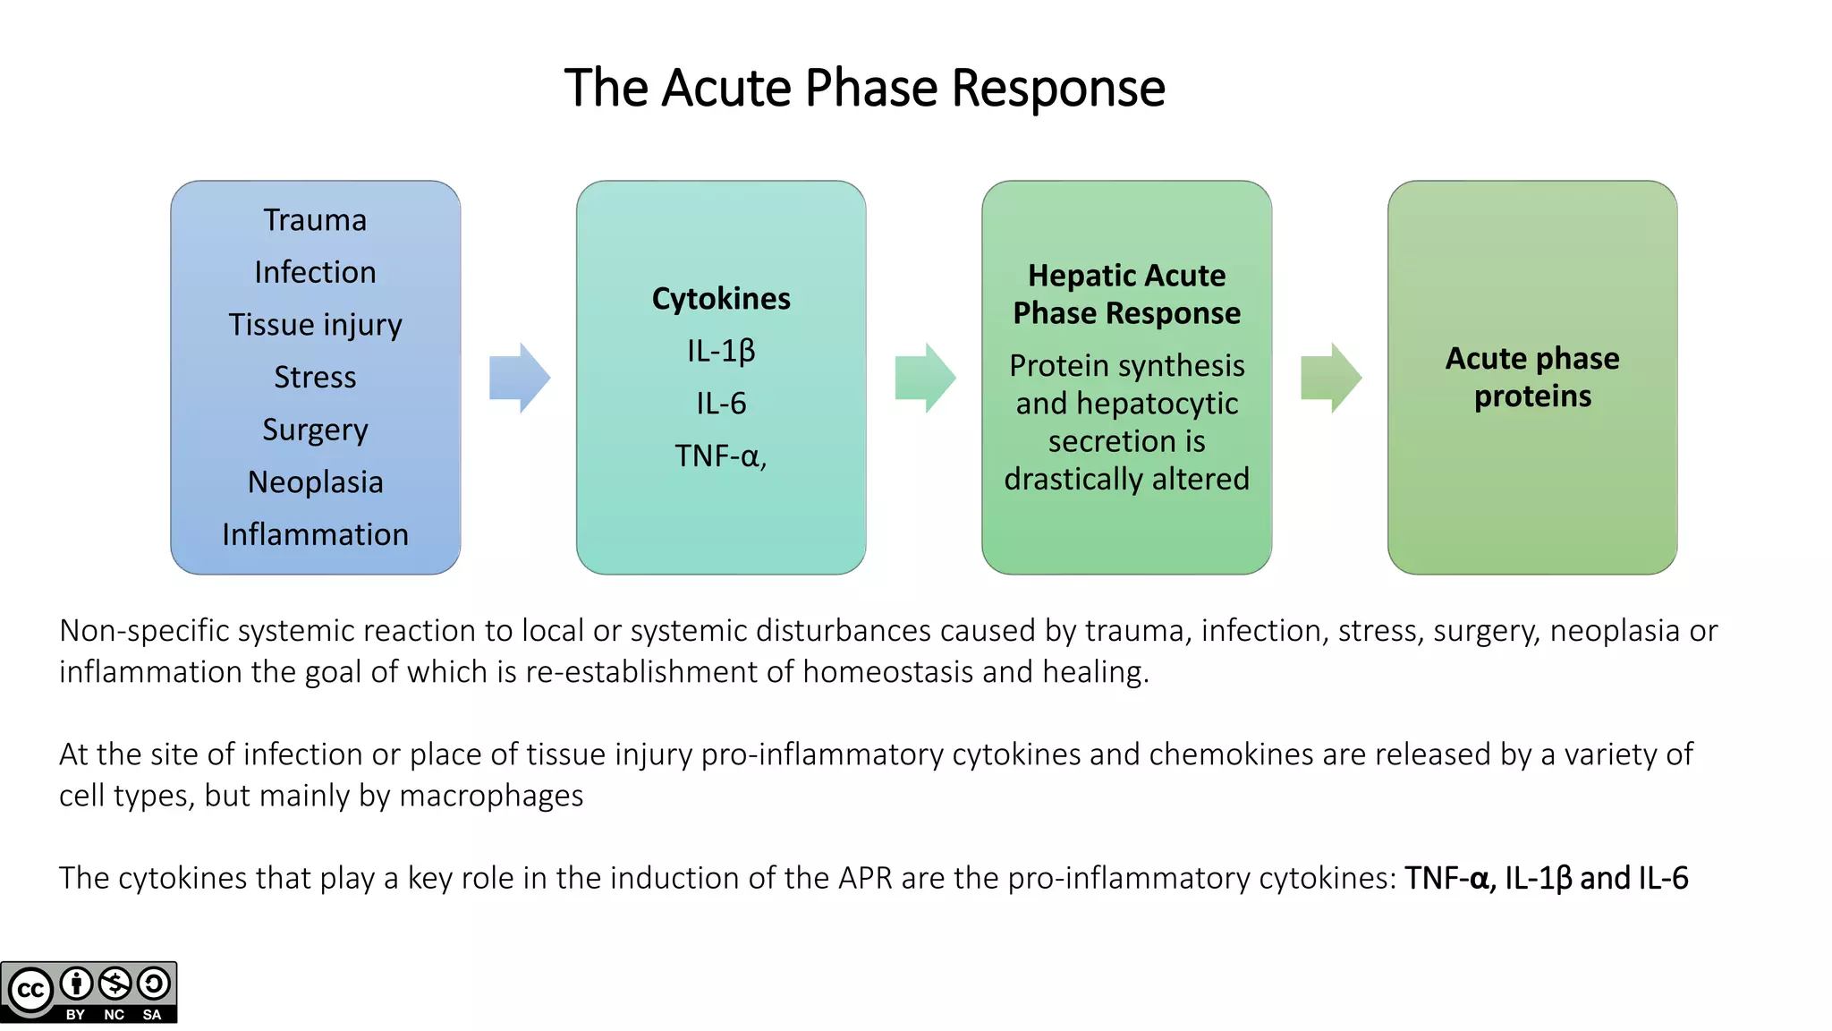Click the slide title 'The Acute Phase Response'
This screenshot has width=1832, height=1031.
tap(864, 88)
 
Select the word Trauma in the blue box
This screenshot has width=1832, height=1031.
tap(315, 220)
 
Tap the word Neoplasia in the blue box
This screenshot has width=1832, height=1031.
tap(315, 482)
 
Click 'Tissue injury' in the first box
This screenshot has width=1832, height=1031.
tap(315, 325)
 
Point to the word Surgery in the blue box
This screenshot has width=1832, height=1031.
tap(315, 430)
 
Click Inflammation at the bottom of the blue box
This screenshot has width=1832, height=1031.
tap(315, 534)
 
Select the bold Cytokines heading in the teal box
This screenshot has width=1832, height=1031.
tap(721, 299)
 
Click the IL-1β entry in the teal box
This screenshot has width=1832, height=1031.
tap(721, 351)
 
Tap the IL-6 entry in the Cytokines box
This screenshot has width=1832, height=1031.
tap(721, 404)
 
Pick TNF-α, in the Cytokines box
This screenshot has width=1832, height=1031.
tap(721, 456)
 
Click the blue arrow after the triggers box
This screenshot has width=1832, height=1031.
tap(520, 378)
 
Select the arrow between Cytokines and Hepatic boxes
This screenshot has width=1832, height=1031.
tap(926, 378)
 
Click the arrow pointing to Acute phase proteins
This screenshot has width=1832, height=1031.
tap(1331, 378)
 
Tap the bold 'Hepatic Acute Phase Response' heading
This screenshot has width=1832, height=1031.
tap(1126, 294)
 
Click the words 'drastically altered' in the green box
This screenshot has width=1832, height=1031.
tap(1126, 480)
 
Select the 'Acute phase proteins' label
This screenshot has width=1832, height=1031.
tap(1532, 378)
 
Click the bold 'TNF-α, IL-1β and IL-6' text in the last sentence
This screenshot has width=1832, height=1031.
tap(1546, 879)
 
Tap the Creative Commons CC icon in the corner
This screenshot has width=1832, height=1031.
tap(31, 991)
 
